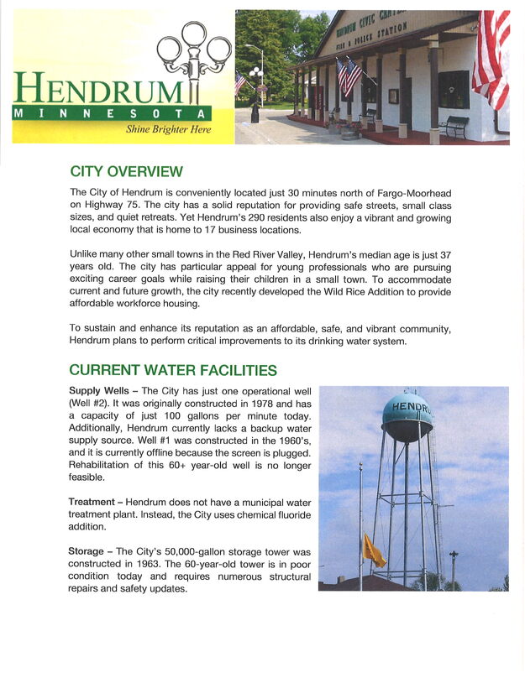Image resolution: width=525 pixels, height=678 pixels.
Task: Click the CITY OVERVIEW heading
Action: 126,172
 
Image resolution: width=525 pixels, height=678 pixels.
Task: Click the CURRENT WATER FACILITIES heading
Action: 173,370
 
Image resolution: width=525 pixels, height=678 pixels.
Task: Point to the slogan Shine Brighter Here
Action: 168,130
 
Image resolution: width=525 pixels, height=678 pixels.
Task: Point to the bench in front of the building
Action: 454,127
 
